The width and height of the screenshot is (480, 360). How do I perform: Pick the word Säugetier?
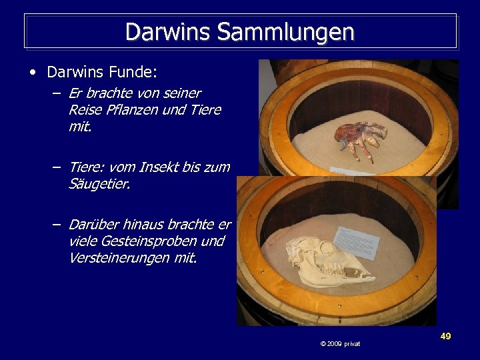[99, 183]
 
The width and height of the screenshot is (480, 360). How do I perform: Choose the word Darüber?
[93, 225]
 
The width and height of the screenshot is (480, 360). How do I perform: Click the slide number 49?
[445, 336]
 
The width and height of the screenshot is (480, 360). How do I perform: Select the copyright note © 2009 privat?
[340, 343]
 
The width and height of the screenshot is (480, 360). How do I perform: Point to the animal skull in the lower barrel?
[323, 261]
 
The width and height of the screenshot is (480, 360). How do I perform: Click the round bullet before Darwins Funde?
[33, 71]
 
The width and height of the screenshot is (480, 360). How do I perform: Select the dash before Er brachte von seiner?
[57, 93]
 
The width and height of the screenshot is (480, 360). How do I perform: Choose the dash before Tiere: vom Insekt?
[57, 167]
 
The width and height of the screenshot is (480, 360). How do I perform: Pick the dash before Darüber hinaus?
[57, 225]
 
